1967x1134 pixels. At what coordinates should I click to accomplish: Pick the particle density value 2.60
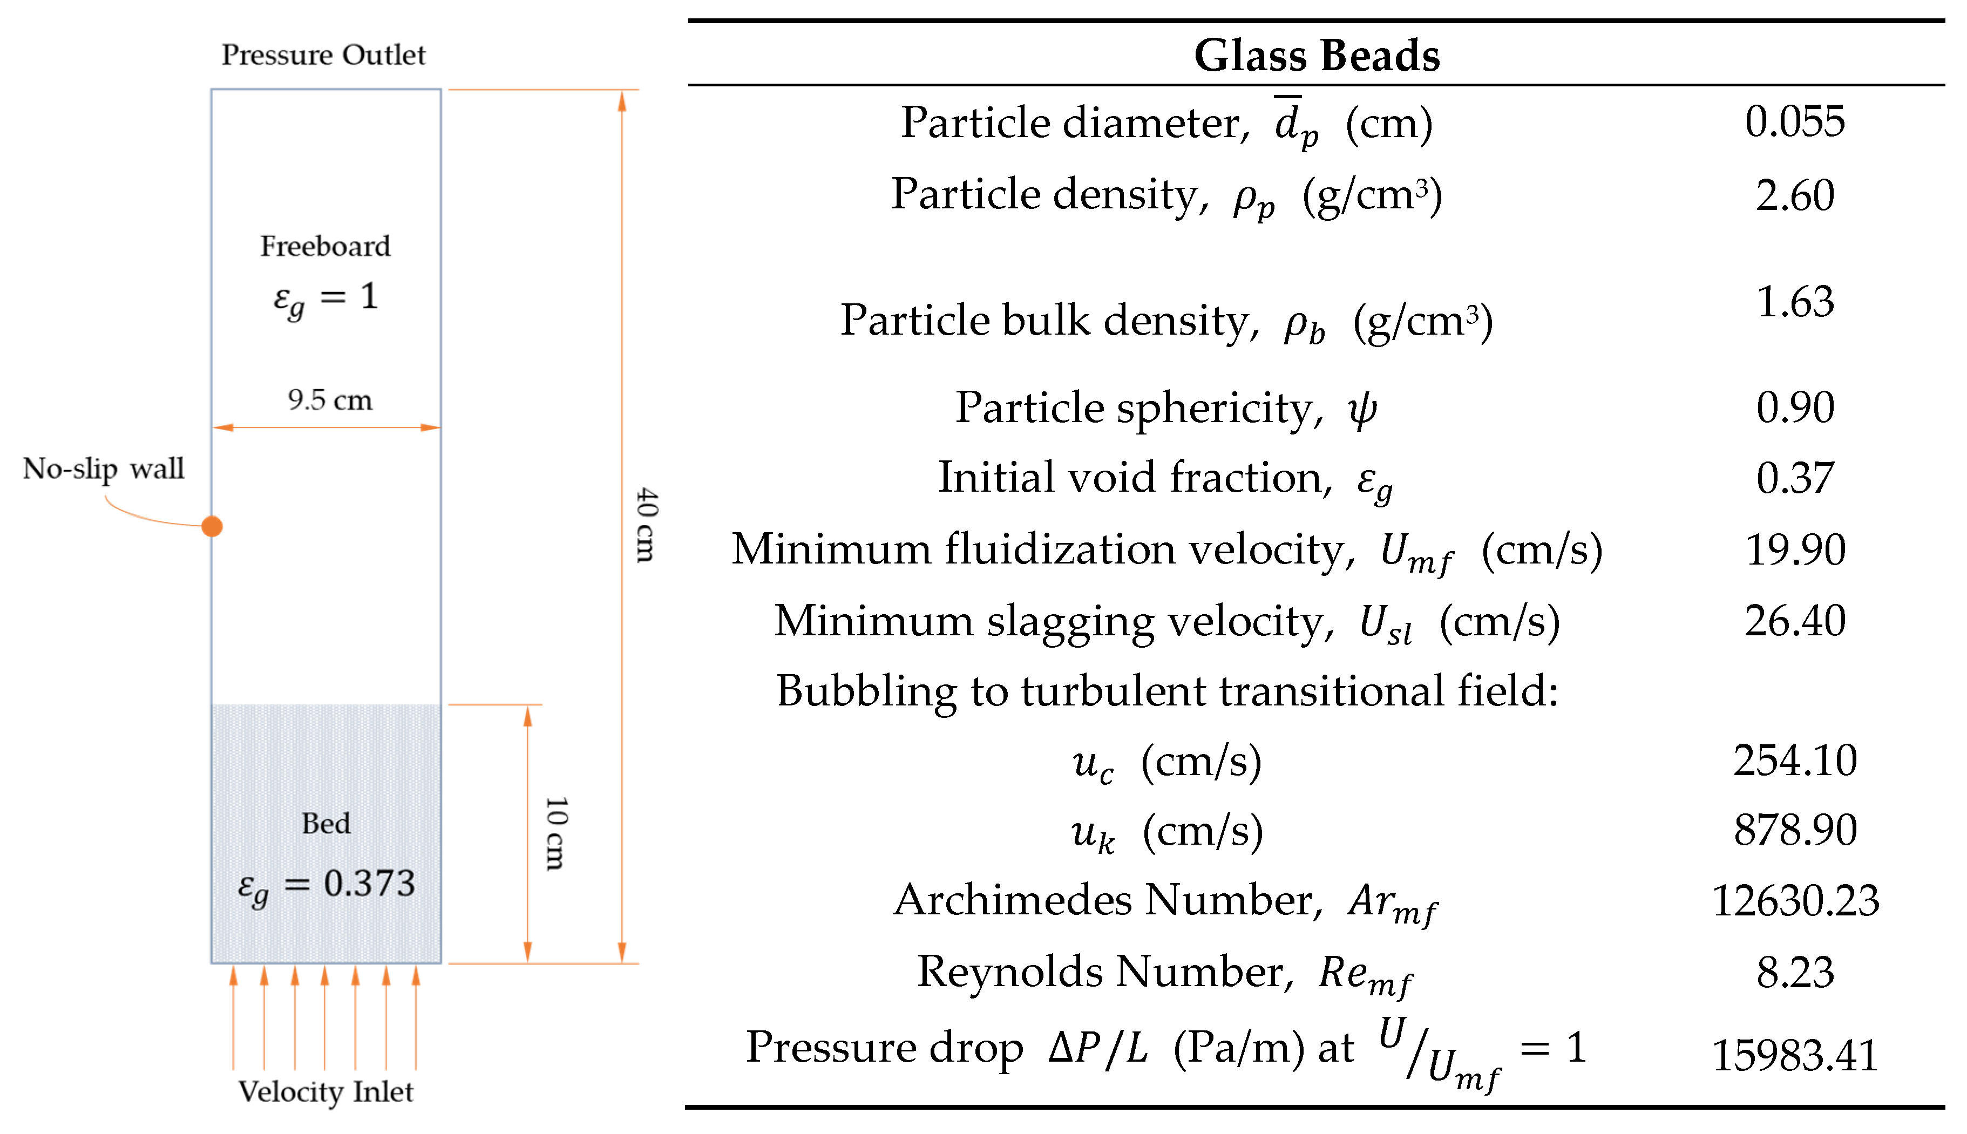1794,195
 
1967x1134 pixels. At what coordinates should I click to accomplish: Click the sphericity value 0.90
1794,408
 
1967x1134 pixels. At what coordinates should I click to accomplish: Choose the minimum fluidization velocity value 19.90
1794,550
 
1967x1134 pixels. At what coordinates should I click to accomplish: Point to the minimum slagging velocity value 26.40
1794,621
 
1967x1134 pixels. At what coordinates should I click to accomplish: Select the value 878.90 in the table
1794,830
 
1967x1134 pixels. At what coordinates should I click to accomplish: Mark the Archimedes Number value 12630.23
1794,901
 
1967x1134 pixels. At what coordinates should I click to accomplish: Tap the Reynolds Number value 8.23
1794,973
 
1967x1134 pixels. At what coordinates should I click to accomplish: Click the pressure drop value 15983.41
1794,1056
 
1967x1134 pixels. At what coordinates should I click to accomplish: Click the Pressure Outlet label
323,55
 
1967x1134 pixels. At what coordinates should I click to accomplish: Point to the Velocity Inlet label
325,1092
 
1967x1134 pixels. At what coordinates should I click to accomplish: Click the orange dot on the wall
212,526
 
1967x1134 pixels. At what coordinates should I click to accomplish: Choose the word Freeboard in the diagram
325,246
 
